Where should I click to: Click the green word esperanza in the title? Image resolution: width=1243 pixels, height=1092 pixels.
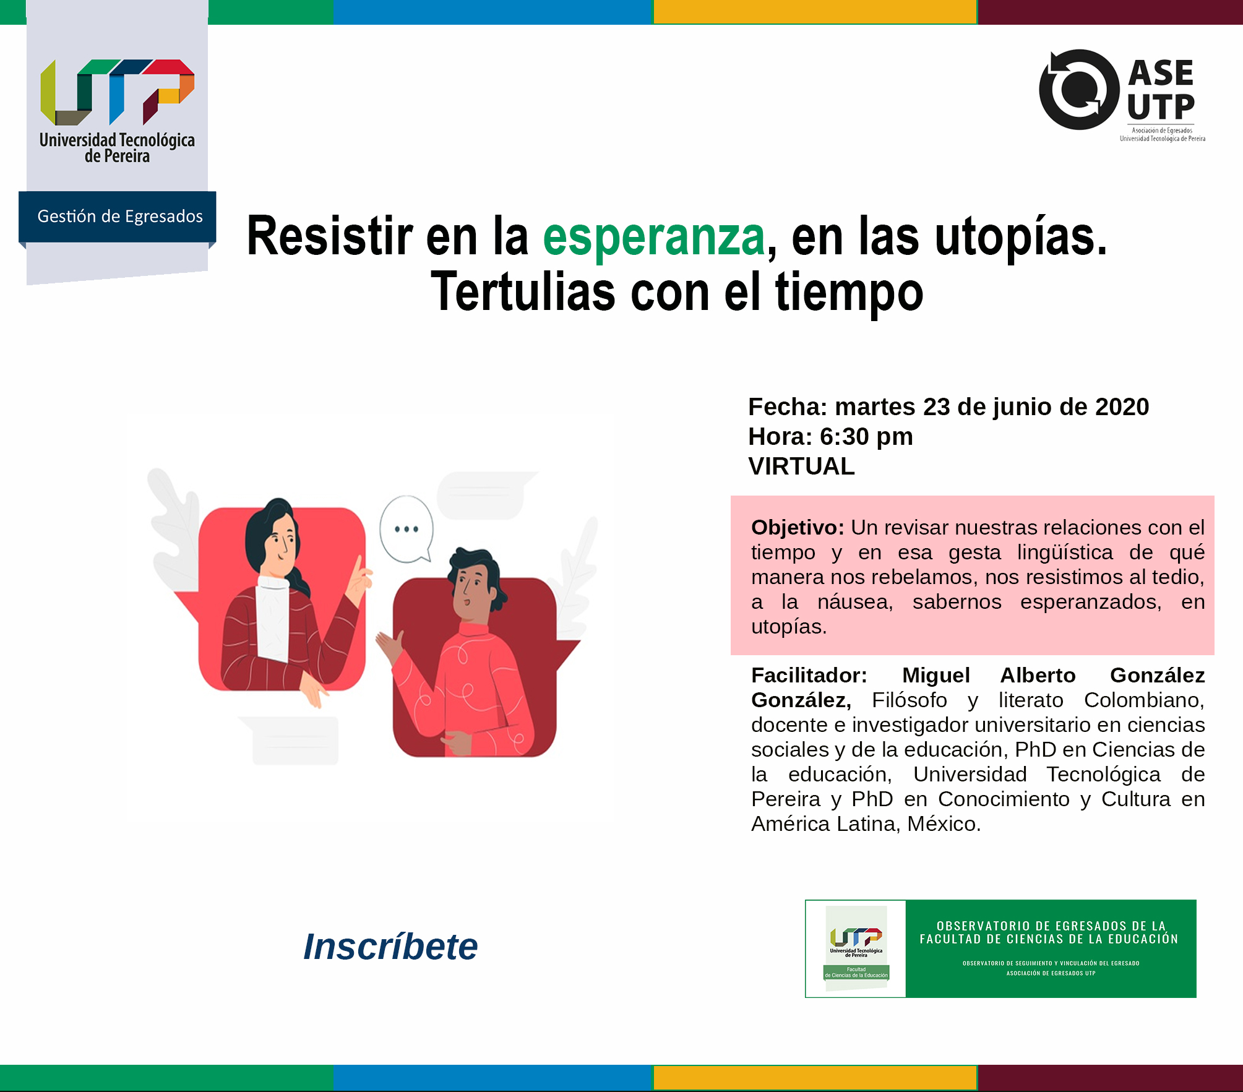point(654,237)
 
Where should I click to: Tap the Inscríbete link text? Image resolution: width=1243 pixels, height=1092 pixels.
point(390,947)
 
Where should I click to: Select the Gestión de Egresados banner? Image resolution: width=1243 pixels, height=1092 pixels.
point(119,216)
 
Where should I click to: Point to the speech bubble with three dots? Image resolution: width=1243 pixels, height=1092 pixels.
point(406,528)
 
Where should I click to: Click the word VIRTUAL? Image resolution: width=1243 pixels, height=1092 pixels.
point(801,466)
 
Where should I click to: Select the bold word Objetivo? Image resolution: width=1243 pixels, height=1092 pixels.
point(797,528)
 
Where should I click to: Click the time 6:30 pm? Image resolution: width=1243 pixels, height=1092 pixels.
point(866,437)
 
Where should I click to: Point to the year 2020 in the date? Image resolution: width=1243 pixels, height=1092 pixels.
point(1122,407)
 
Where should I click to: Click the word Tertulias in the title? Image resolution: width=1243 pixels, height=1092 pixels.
point(523,292)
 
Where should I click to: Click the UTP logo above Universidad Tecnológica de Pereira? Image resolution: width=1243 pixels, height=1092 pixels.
point(118,91)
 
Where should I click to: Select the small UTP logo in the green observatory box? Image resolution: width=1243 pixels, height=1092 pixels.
point(856,937)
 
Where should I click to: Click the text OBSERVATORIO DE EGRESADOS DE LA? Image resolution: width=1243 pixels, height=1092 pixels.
point(1051,926)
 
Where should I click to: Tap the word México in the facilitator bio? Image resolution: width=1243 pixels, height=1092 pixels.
point(944,824)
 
